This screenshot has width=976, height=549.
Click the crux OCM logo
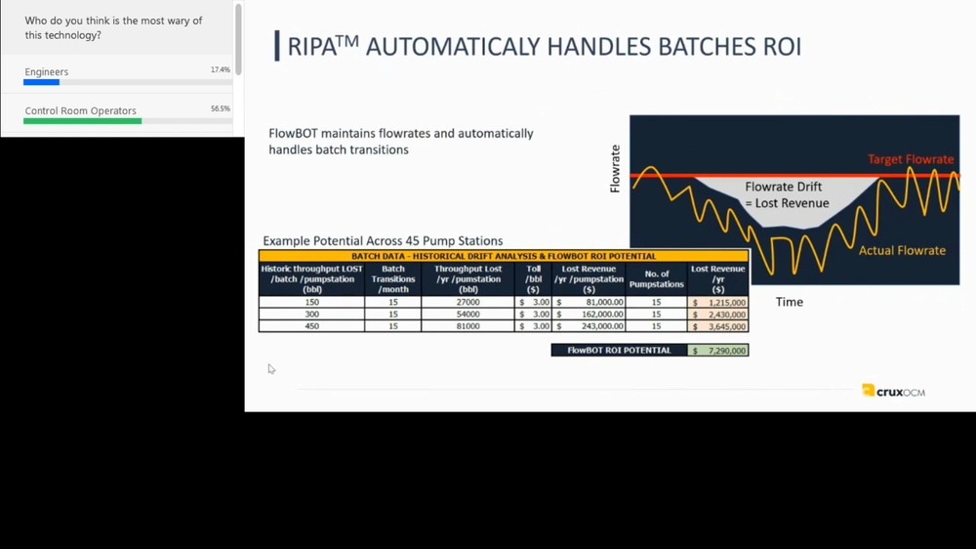893,391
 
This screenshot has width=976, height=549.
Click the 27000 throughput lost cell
468,303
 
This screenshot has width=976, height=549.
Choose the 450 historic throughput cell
312,326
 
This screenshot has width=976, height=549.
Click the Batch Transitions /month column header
393,278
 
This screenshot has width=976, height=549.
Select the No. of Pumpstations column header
657,278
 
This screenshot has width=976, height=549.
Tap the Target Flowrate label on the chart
911,159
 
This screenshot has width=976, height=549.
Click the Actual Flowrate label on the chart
902,250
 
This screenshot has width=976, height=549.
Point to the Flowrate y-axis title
615,168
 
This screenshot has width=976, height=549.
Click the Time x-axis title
789,302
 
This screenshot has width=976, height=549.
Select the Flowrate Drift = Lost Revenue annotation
787,194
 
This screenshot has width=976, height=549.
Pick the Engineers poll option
47,72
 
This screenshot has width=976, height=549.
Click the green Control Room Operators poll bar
83,121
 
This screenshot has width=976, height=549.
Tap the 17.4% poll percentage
221,70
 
